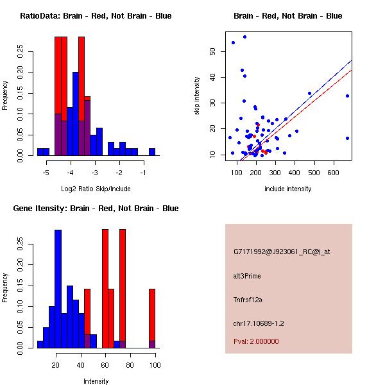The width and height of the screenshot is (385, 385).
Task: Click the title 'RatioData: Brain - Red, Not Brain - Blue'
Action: (96, 16)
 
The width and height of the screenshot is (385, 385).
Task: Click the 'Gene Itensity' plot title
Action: (96, 209)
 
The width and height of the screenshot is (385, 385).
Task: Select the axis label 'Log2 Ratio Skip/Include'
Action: (96, 189)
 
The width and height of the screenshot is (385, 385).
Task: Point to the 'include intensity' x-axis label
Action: (288, 189)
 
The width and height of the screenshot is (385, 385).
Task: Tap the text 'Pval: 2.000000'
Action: (256, 341)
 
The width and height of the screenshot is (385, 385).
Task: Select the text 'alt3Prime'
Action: (247, 276)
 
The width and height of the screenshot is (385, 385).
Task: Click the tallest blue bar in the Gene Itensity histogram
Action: (58, 289)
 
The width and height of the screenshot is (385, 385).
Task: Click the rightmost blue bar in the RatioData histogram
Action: (152, 152)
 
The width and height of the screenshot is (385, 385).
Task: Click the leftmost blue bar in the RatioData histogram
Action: (43, 152)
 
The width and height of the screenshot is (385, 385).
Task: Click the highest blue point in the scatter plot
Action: (244, 37)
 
